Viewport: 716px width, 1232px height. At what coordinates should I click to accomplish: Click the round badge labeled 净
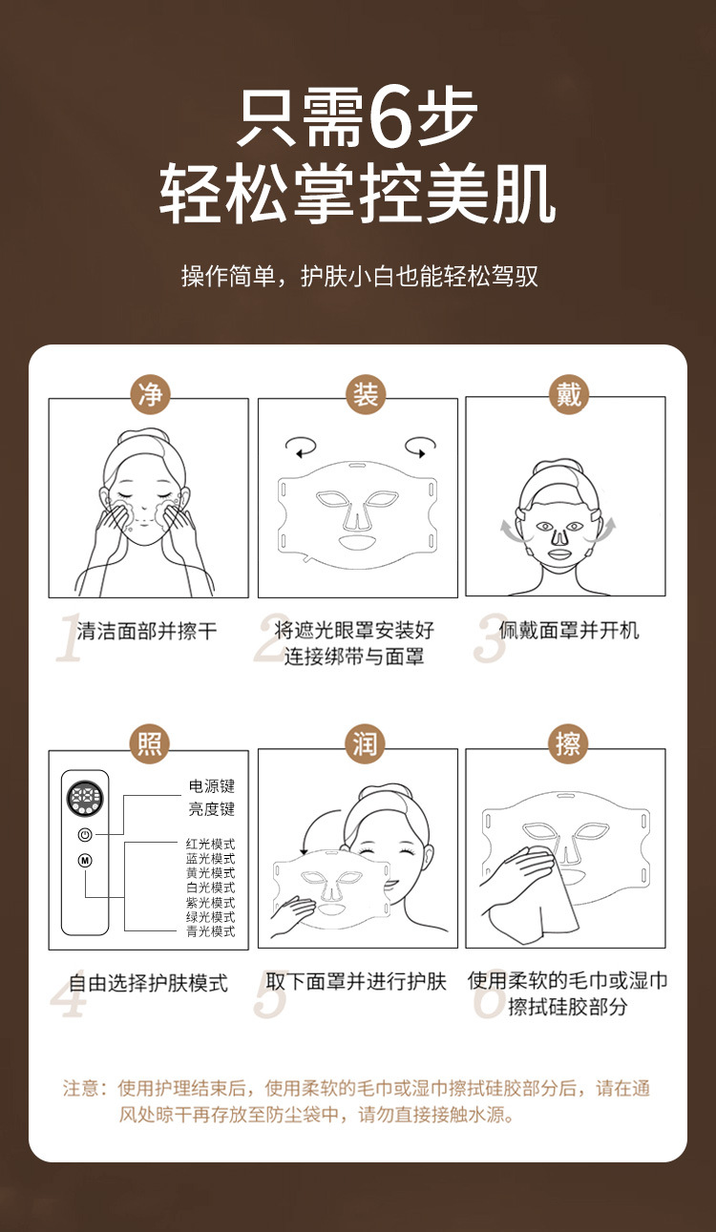click(x=150, y=395)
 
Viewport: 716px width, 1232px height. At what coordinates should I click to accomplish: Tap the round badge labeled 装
click(x=366, y=395)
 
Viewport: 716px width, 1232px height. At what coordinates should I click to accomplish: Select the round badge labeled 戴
click(x=569, y=395)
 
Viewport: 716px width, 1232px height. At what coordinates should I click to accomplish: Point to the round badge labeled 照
click(x=150, y=744)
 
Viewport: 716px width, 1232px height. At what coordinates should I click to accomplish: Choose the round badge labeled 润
click(x=366, y=744)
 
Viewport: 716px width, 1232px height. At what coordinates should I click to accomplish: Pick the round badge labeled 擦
click(x=569, y=744)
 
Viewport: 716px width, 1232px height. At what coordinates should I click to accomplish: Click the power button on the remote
click(x=85, y=834)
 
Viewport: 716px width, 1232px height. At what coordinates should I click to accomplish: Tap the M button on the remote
click(x=85, y=860)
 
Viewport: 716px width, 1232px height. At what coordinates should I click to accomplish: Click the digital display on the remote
click(x=85, y=798)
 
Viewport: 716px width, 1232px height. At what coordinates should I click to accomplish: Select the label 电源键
click(x=212, y=786)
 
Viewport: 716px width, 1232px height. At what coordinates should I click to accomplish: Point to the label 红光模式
click(x=210, y=844)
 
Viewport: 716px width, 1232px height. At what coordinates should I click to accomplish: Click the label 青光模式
click(x=210, y=931)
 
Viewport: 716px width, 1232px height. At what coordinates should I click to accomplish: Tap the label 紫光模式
click(x=210, y=902)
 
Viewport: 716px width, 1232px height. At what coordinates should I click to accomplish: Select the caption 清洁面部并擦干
click(x=147, y=630)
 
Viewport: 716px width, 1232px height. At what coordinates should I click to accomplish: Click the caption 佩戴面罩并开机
click(x=569, y=630)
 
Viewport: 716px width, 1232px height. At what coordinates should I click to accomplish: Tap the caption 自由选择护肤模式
click(x=148, y=983)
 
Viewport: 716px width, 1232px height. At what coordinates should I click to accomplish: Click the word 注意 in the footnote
click(x=81, y=1087)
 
